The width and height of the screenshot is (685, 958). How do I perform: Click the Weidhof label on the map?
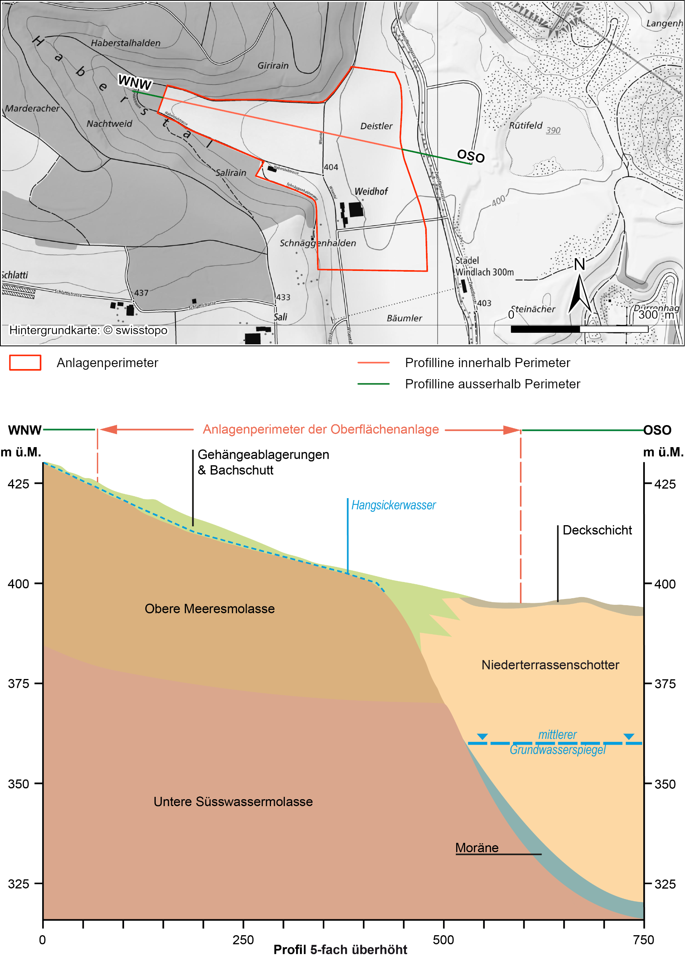click(371, 191)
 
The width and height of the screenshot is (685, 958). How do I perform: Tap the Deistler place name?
click(376, 126)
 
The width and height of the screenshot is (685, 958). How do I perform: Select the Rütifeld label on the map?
click(526, 125)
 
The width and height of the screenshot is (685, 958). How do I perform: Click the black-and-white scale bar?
click(579, 329)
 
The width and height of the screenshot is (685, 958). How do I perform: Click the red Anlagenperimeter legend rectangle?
click(25, 362)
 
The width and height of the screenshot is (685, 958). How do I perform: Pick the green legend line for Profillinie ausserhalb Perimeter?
click(373, 384)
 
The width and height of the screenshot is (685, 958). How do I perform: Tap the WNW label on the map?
click(135, 82)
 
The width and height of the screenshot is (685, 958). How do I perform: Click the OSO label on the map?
click(471, 156)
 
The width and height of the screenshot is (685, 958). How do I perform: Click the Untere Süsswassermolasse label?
click(233, 801)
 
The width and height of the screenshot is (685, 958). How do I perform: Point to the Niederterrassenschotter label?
click(550, 665)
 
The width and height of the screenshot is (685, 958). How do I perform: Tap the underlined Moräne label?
click(477, 847)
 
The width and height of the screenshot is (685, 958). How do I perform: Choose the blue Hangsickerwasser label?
click(393, 505)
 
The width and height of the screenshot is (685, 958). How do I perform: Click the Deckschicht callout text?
click(597, 530)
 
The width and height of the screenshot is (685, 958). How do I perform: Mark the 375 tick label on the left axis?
click(19, 684)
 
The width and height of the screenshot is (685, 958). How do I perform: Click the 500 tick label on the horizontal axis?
click(443, 940)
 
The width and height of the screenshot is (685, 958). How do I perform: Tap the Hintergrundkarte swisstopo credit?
click(88, 330)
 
